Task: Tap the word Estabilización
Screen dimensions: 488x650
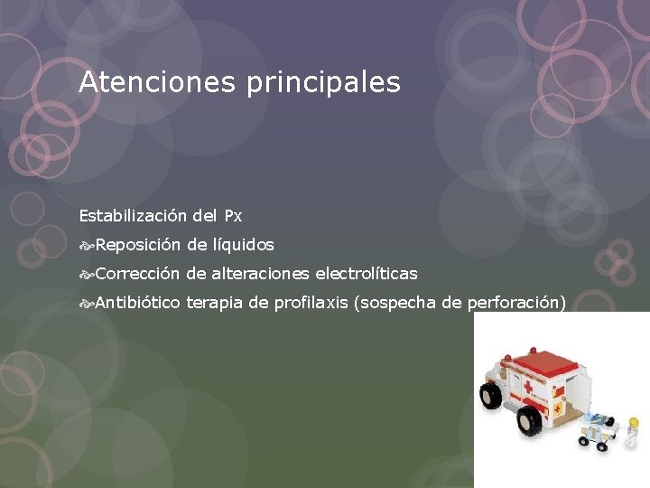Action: click(133, 216)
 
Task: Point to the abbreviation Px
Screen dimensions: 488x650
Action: click(233, 216)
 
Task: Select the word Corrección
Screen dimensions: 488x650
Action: click(136, 273)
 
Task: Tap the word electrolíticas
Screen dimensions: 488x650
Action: click(366, 273)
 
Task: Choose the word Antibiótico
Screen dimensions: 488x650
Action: click(137, 302)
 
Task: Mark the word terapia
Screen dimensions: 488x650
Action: click(215, 303)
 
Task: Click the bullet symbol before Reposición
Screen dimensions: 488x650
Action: click(86, 245)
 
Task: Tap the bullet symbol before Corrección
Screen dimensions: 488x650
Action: click(86, 273)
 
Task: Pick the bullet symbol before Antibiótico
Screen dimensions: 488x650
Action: click(86, 302)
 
